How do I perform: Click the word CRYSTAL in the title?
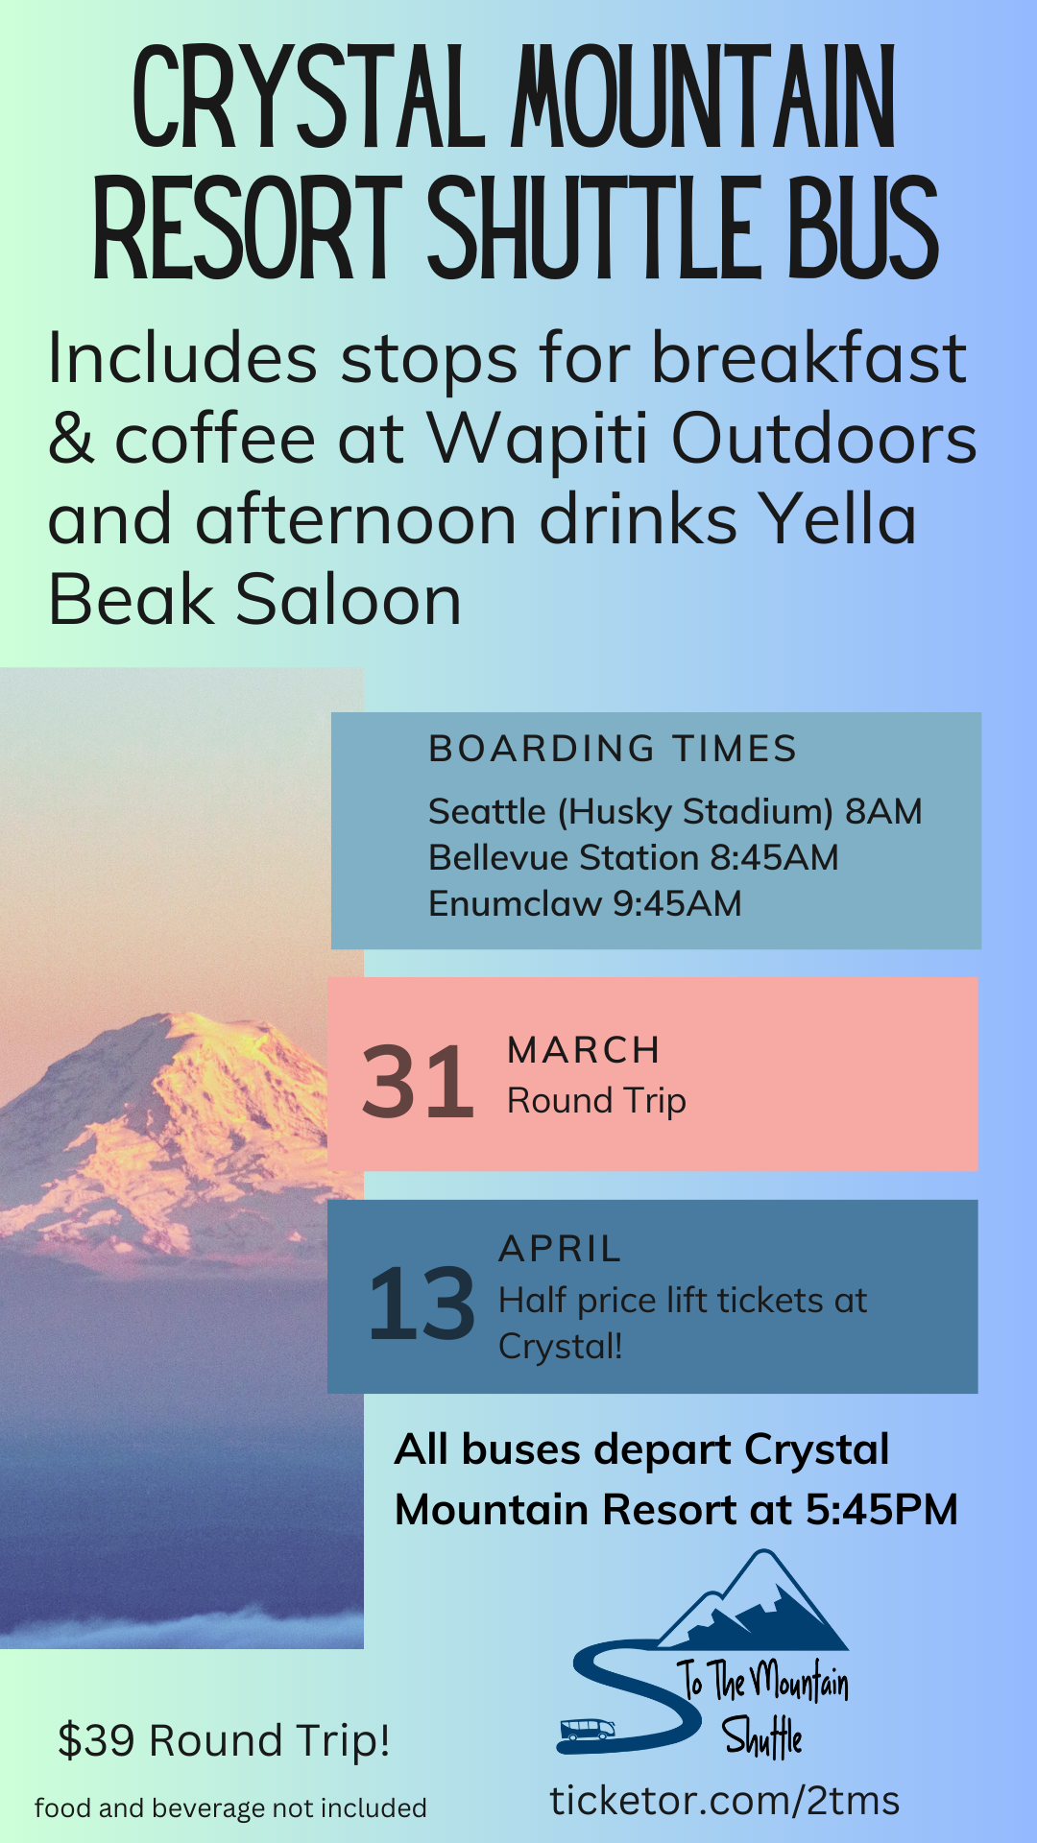click(x=310, y=99)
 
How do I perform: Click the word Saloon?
click(x=350, y=601)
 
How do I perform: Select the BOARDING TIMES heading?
click(x=613, y=749)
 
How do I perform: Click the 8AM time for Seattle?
click(x=883, y=811)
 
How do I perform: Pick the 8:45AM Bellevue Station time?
click(x=774, y=857)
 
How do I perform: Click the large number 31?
click(x=419, y=1083)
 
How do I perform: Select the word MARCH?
click(x=584, y=1050)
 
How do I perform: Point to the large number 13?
click(x=422, y=1304)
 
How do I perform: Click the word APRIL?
click(x=561, y=1249)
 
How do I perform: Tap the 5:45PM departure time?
click(x=881, y=1509)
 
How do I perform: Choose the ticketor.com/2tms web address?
click(x=725, y=1801)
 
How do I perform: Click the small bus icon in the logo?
click(x=587, y=1730)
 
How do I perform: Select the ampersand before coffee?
click(x=71, y=440)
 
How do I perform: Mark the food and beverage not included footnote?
click(x=230, y=1808)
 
